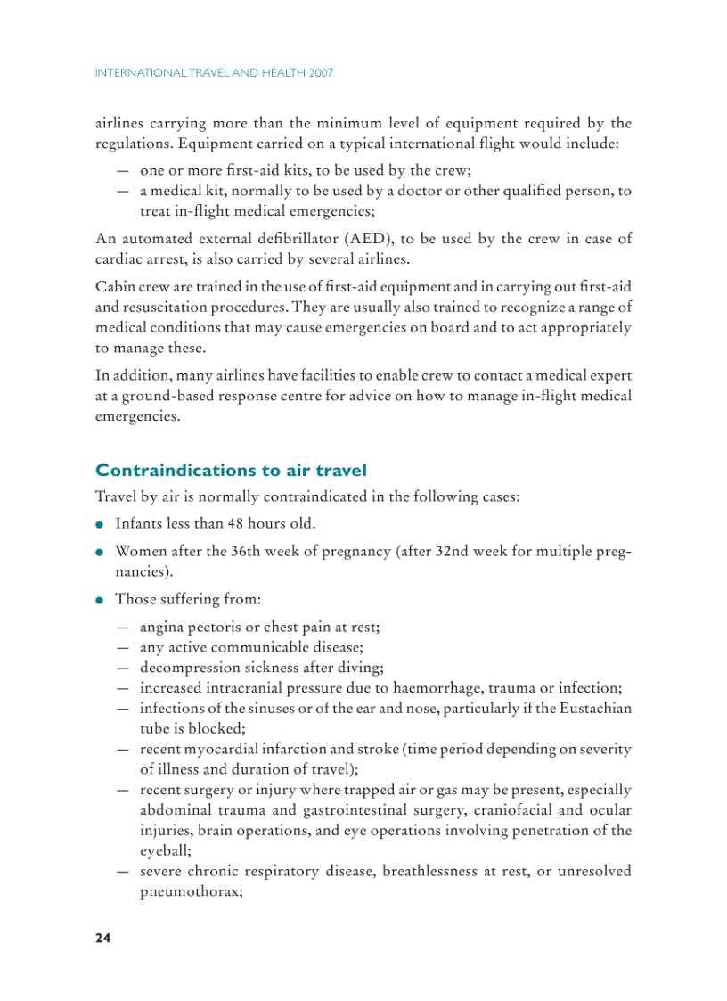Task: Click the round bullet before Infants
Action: point(102,524)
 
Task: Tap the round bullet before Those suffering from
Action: point(102,600)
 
